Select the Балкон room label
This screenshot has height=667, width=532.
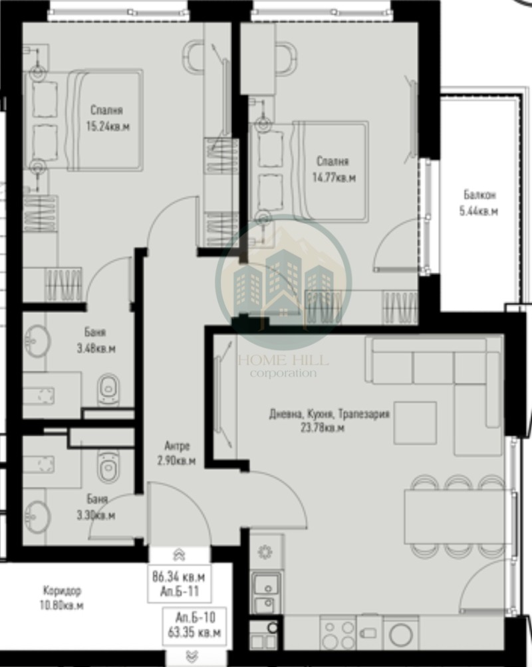[x=480, y=195]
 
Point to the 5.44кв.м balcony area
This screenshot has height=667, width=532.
[x=480, y=211]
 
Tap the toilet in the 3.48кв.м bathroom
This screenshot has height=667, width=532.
[x=108, y=389]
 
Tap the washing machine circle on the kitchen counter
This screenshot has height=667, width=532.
[x=402, y=633]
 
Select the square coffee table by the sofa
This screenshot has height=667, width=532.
[x=415, y=423]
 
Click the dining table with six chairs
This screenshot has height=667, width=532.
[x=459, y=516]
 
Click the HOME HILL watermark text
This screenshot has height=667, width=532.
[x=283, y=361]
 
